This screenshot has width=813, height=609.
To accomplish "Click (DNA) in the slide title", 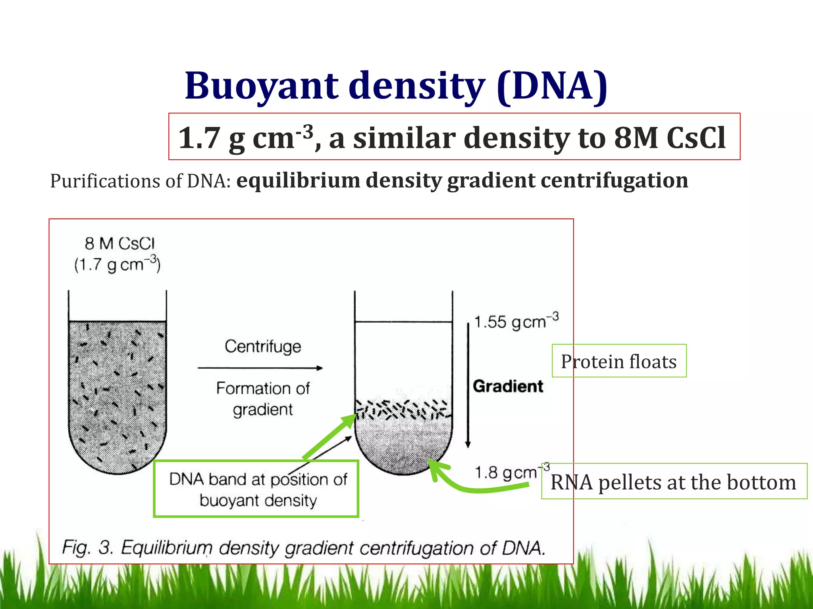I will (552, 86).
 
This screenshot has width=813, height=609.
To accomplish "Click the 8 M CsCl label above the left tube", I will (119, 243).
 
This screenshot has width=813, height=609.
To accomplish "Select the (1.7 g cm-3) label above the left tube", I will (117, 264).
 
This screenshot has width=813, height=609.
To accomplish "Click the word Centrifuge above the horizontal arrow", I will (263, 347).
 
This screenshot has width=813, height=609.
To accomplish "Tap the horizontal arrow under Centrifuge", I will (260, 368).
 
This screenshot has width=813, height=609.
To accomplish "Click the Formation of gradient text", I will (263, 398).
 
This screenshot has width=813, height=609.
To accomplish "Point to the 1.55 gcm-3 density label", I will (516, 321).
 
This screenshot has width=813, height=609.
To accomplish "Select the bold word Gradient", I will (508, 386).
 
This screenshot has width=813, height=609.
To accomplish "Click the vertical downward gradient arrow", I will (468, 385).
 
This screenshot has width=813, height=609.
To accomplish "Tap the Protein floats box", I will (618, 361).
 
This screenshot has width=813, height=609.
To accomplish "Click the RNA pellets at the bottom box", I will (674, 482).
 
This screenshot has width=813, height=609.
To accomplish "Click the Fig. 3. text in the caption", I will (88, 548).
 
